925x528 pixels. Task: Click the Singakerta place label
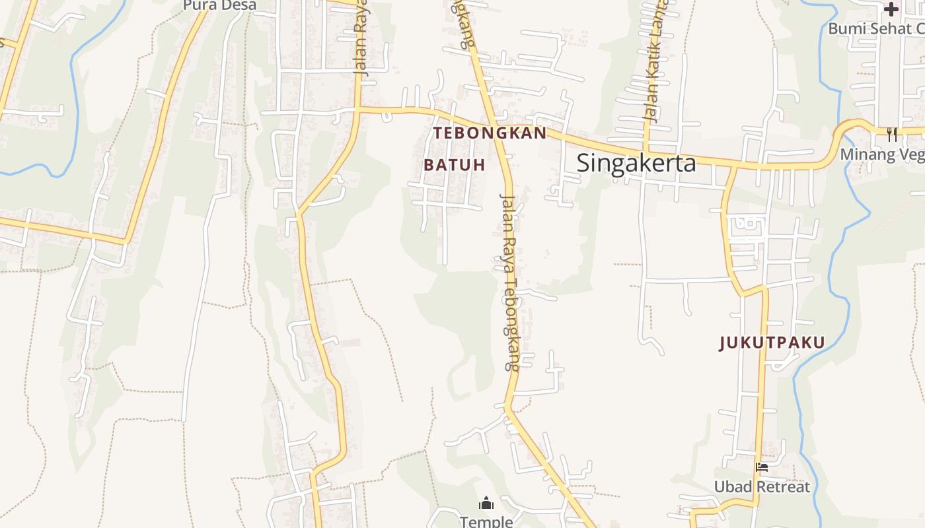click(636, 163)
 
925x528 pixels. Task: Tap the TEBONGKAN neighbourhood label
click(490, 133)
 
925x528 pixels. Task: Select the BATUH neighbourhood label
click(455, 164)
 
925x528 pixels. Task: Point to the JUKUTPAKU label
click(772, 343)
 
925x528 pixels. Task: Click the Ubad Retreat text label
click(761, 487)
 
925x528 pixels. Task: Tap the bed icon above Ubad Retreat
click(762, 467)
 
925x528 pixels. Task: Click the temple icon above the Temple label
click(486, 504)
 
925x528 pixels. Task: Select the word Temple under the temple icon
click(486, 521)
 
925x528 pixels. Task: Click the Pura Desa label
click(219, 5)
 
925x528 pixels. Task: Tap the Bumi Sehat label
click(875, 28)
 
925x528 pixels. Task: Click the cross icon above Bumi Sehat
click(891, 9)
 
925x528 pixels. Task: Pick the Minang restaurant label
click(882, 154)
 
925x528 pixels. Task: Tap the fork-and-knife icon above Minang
click(892, 135)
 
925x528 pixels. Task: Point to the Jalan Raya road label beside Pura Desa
click(361, 40)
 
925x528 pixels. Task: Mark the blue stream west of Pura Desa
click(74, 99)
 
